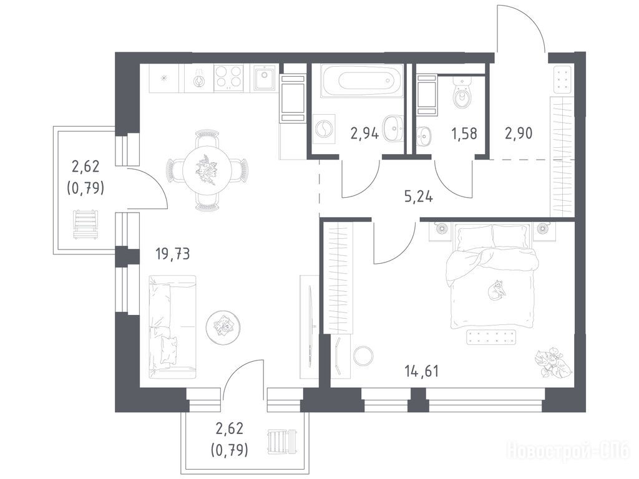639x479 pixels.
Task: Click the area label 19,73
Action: coord(173,254)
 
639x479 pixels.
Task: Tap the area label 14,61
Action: coord(422,371)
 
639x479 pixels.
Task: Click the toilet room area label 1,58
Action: coord(464,133)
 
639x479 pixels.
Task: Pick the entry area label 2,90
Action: coord(519,133)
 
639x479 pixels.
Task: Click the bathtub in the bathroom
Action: coord(362,80)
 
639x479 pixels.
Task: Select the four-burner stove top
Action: coord(228,77)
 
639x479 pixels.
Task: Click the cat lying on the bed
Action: coord(496,290)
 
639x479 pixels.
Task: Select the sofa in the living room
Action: coord(172,324)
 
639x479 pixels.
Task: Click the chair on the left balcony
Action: coord(85,224)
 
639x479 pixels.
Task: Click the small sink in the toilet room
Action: coord(424,135)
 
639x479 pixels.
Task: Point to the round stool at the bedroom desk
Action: coord(363,356)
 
